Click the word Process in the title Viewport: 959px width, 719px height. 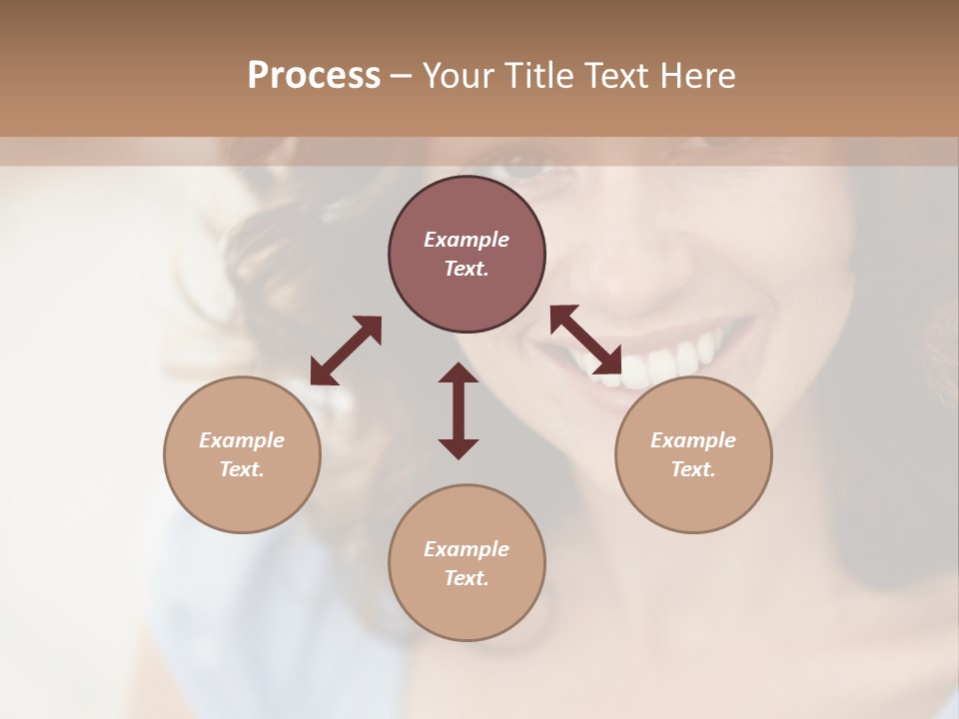click(314, 76)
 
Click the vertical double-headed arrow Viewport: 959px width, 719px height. click(459, 410)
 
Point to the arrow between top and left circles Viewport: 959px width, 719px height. click(346, 351)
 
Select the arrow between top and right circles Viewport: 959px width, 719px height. click(586, 340)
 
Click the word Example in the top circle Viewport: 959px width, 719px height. click(467, 240)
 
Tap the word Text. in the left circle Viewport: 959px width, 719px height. click(242, 469)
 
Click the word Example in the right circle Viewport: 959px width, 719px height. click(693, 440)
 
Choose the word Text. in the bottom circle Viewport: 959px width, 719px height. click(467, 578)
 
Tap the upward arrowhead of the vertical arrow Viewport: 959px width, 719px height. click(459, 373)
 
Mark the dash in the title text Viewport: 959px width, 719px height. click(401, 76)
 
